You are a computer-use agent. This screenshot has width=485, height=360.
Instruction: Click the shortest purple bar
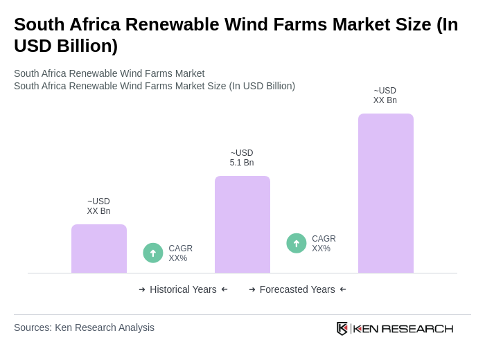[x=99, y=249]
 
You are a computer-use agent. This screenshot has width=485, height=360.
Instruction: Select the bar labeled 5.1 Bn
[x=242, y=224]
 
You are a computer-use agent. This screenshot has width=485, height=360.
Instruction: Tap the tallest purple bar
[x=386, y=193]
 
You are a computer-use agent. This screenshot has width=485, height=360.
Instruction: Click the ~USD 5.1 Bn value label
[x=242, y=158]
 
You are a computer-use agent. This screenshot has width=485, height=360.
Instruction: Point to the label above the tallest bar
[x=385, y=96]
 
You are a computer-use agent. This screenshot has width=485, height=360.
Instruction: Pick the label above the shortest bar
[x=98, y=206]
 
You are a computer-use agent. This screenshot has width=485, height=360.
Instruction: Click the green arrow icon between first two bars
[x=153, y=253]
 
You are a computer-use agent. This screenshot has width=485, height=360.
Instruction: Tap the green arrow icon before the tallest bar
[x=297, y=244]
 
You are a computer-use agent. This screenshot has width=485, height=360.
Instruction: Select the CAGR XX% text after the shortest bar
[x=180, y=253]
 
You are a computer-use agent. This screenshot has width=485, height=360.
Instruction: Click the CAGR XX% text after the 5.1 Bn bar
[x=324, y=244]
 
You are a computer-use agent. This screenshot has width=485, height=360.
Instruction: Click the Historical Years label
[x=183, y=289]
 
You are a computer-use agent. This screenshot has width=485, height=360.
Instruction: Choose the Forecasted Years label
[x=297, y=289]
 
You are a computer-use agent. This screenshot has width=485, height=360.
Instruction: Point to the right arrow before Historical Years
[x=142, y=289]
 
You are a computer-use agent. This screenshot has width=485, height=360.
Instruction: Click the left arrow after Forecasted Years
[x=343, y=289]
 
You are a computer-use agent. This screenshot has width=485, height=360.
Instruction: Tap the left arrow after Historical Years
[x=224, y=289]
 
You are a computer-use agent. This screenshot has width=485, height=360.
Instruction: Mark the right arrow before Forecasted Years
[x=252, y=289]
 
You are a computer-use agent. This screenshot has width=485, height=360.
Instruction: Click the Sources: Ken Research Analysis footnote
[x=84, y=327]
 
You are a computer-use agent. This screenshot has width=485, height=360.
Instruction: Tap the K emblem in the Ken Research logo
[x=342, y=328]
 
